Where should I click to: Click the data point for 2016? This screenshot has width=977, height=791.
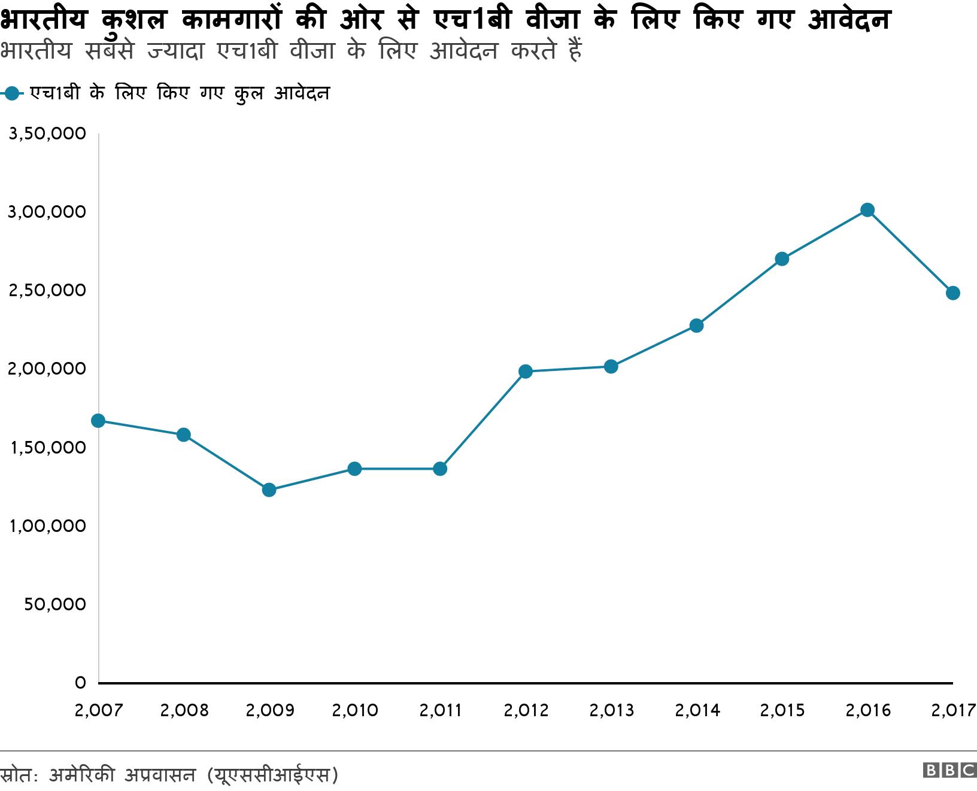867,210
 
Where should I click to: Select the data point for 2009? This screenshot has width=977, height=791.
269,490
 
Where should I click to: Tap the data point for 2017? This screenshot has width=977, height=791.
952,293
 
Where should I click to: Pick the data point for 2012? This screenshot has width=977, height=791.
526,372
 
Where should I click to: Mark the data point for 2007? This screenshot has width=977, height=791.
98,421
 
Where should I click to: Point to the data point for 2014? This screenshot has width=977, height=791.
696,325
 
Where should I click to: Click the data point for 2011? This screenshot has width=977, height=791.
440,468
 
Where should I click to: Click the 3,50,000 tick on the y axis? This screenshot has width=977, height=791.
47,134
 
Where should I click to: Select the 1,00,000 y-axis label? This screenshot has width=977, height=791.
47,526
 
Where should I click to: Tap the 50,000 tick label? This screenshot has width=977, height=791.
55,604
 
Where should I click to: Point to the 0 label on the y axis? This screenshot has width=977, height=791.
80,683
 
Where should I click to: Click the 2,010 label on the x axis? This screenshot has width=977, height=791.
355,710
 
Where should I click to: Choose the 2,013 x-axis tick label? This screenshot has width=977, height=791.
611,710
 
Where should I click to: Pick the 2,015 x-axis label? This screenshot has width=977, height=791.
782,710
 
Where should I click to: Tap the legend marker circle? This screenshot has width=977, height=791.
12,93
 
